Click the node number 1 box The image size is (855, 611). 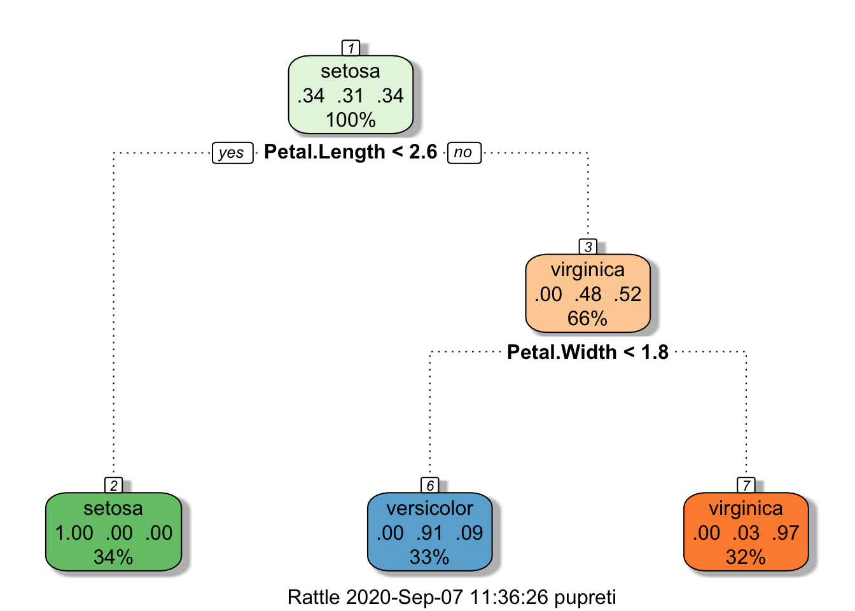click(351, 48)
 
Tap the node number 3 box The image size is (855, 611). click(588, 247)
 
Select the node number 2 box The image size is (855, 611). click(114, 486)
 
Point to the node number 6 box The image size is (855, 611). click(430, 486)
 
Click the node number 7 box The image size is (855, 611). click(746, 486)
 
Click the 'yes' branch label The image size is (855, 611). click(232, 153)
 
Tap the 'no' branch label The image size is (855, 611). click(464, 153)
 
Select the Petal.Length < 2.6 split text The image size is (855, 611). click(351, 152)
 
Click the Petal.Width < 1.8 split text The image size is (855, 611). click(588, 352)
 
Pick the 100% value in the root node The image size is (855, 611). click(351, 120)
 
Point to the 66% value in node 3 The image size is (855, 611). click(588, 318)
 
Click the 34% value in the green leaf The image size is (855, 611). click(113, 557)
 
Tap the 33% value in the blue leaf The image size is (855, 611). click(429, 557)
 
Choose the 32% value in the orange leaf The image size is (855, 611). click(746, 557)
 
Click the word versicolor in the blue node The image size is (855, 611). click(429, 509)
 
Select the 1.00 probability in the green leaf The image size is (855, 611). click(74, 533)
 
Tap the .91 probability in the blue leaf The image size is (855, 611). click(429, 533)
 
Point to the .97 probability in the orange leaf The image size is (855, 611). click(785, 533)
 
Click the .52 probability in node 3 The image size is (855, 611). click(628, 294)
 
